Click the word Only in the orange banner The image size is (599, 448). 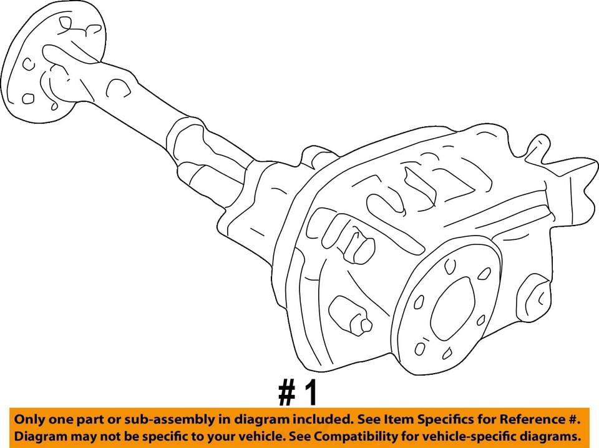(x=29, y=419)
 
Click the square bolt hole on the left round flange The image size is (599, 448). (x=28, y=98)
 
